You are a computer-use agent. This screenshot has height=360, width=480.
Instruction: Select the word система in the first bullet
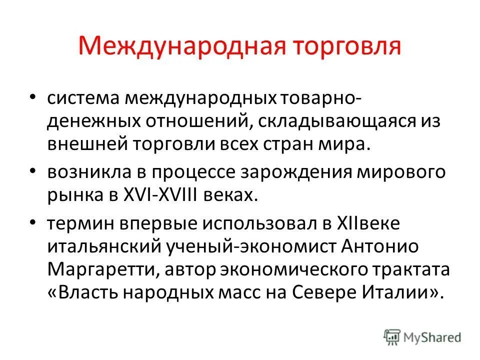coord(82,98)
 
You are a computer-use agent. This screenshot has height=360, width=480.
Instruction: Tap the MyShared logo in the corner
coord(422,337)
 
